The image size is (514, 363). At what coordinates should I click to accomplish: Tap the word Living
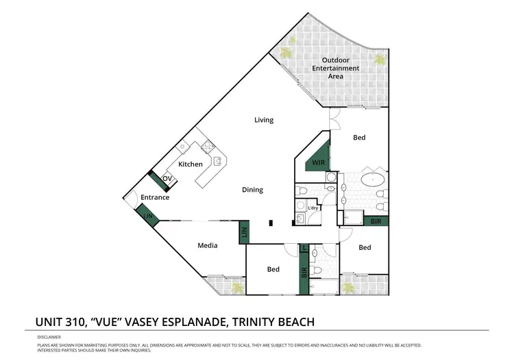264,120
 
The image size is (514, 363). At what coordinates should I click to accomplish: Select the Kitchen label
190,164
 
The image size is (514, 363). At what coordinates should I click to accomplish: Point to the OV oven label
167,179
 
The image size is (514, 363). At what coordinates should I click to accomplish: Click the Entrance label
155,198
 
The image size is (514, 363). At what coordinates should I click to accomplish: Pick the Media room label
208,245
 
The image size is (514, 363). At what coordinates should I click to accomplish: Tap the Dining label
252,190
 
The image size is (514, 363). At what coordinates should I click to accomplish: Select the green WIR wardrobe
319,162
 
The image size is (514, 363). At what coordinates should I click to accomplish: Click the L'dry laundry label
313,208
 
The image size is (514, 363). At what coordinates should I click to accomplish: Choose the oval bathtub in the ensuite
374,181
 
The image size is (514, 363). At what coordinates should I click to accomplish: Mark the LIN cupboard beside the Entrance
148,216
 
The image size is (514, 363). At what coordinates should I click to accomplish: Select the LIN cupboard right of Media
244,234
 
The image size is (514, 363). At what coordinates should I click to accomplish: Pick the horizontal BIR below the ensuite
375,221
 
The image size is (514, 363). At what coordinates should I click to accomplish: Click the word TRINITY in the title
253,321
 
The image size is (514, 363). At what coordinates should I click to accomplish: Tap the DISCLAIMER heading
48,338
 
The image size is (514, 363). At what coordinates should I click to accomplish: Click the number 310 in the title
73,321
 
